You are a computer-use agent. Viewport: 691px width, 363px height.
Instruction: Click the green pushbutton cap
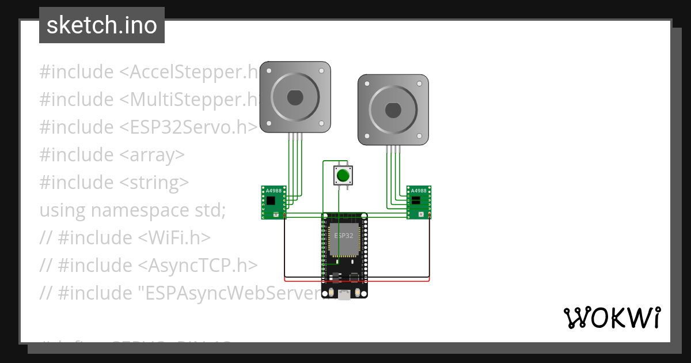[x=343, y=175]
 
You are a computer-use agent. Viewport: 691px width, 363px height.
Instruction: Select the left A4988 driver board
[x=274, y=202]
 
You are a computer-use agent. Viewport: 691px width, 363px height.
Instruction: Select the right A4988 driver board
[x=419, y=202]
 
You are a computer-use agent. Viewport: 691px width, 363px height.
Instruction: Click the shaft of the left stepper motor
[x=295, y=97]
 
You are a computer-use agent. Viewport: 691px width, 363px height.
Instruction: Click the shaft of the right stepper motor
[x=393, y=109]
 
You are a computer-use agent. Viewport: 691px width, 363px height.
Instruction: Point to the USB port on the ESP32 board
[x=344, y=295]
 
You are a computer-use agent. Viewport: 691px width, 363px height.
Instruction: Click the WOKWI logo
[x=612, y=318]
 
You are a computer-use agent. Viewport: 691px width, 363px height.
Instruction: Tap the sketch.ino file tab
[x=102, y=25]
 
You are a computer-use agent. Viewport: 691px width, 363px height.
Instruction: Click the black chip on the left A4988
[x=271, y=201]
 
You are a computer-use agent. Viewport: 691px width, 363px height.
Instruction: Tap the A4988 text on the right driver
[x=419, y=190]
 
